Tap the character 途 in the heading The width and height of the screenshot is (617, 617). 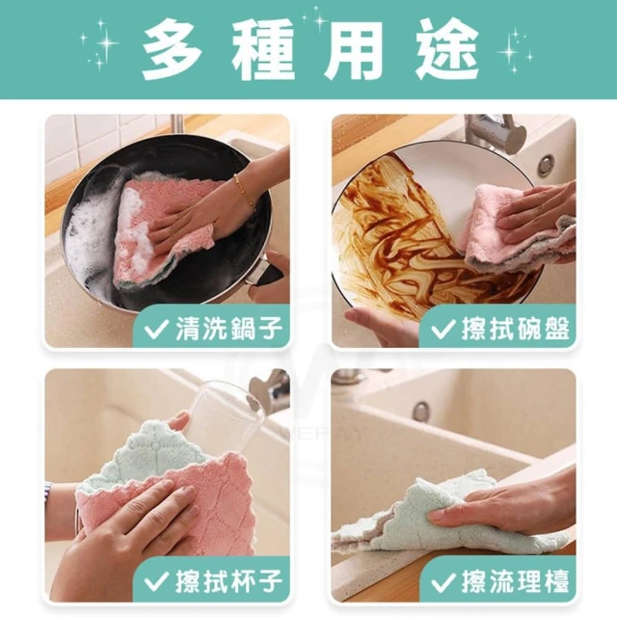pos(447,50)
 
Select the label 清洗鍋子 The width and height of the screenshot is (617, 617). pos(229,329)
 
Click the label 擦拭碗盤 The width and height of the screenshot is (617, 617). pos(516,329)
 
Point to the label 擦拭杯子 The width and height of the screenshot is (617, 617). pos(229,580)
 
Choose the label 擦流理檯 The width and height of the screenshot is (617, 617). pos(516,580)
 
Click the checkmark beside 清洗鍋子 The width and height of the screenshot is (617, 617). pos(156,330)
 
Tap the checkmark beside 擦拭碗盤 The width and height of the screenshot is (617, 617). pos(443,330)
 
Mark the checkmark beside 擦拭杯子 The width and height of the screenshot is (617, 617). pos(156,581)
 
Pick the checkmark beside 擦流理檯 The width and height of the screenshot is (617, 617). pos(443,581)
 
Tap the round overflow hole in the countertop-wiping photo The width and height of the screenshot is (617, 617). pos(421,412)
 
